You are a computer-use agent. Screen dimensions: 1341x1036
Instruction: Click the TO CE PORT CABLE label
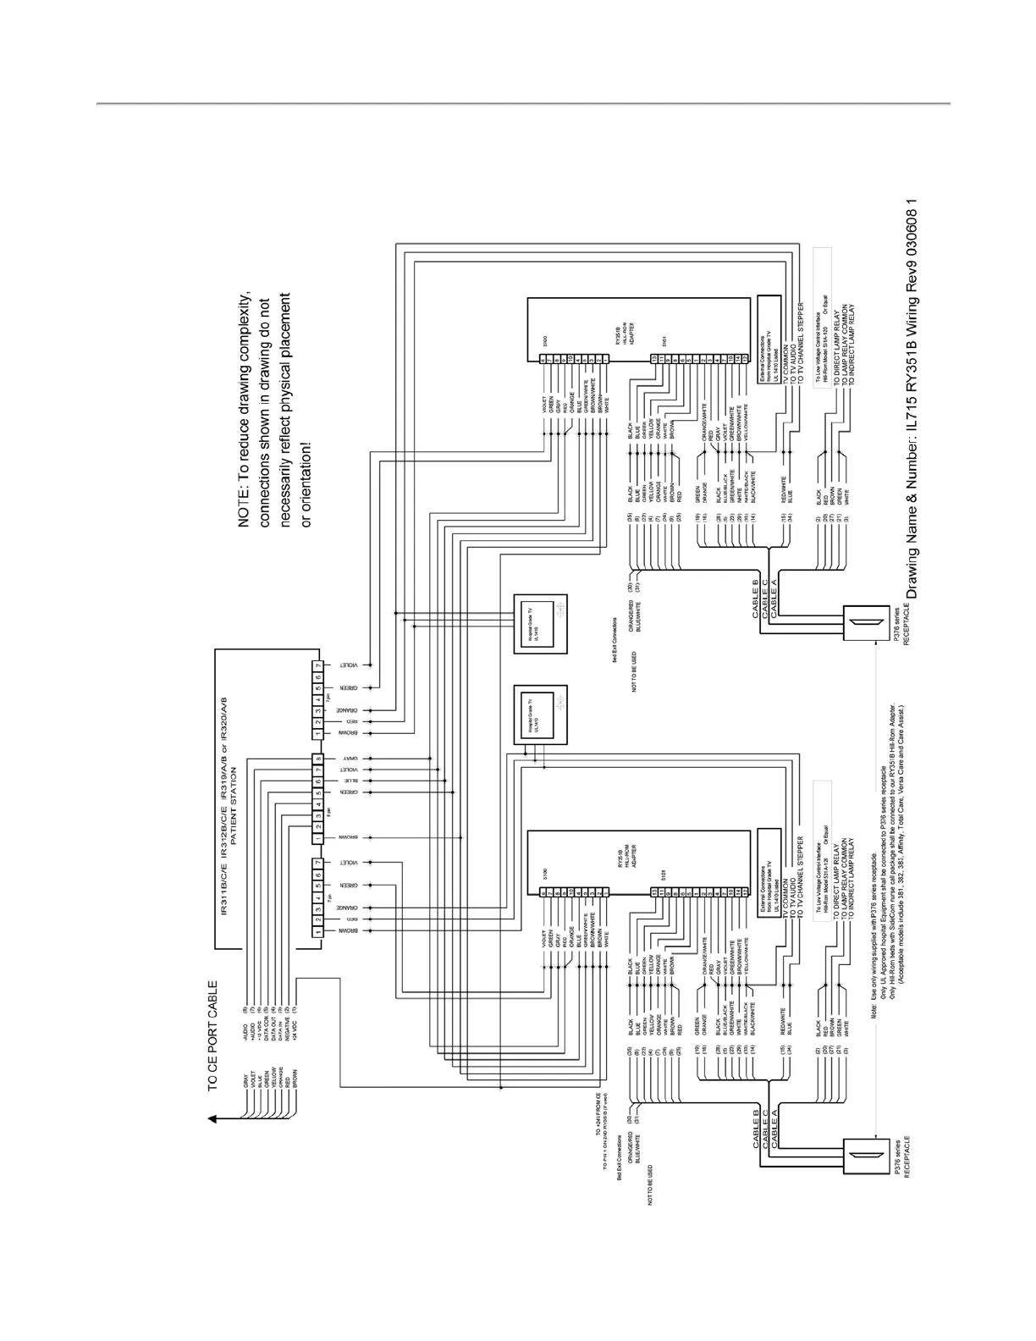point(213,1036)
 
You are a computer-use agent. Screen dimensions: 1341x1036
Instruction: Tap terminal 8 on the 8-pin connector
point(317,759)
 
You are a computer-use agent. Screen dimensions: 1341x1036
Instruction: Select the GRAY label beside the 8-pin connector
point(348,759)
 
